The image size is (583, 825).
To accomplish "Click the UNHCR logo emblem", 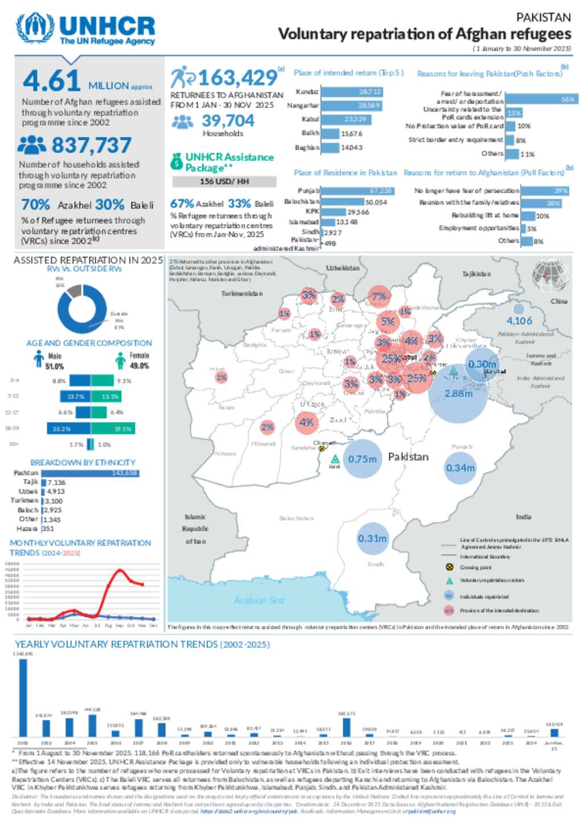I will click(x=35, y=28).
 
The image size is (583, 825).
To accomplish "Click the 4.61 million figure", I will click(x=52, y=81).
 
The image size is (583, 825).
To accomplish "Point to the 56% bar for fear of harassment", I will click(x=541, y=99).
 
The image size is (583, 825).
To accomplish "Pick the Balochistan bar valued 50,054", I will click(x=342, y=202).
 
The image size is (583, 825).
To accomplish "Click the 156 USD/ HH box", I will click(x=224, y=182).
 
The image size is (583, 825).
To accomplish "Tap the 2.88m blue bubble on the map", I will click(x=458, y=393).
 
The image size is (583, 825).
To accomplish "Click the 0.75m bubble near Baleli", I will click(x=362, y=459).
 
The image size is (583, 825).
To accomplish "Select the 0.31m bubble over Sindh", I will click(x=372, y=539).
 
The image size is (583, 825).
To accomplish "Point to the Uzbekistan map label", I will click(x=343, y=268).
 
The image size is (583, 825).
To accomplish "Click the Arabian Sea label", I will click(x=258, y=600).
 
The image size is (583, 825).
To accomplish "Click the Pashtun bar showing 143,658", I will click(x=90, y=473).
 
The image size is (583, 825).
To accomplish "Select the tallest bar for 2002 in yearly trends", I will click(x=23, y=698).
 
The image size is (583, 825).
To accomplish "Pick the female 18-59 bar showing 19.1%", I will click(x=113, y=429).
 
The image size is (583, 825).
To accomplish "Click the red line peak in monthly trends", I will click(x=120, y=570).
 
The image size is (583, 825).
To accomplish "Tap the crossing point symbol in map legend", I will click(x=449, y=567).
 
